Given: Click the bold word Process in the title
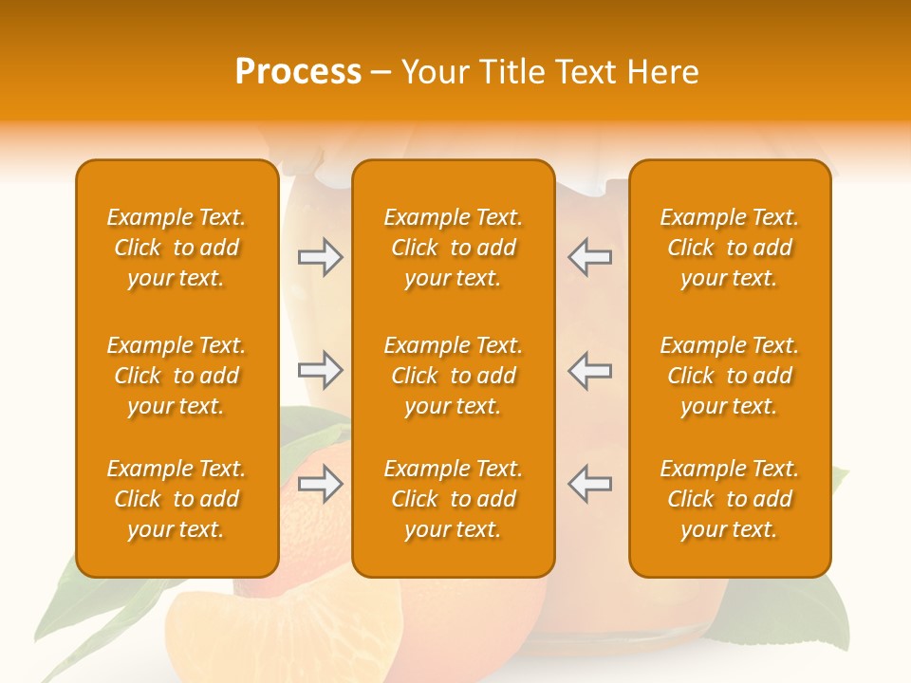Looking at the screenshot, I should click(x=298, y=72).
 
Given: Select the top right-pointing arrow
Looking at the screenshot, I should click(x=320, y=257).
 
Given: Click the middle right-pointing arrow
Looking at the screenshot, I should click(x=320, y=370).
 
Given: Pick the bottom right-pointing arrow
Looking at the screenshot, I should click(x=320, y=484).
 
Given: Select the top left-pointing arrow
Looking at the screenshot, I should click(x=589, y=257).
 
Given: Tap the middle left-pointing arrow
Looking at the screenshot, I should click(x=589, y=370).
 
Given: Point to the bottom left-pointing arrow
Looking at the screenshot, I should click(x=589, y=484).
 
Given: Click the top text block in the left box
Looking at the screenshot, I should click(x=177, y=248).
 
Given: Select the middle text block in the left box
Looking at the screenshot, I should click(x=177, y=376).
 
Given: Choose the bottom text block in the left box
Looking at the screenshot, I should click(x=177, y=499).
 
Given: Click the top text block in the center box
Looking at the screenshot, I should click(x=453, y=248).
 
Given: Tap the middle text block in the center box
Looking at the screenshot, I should click(x=453, y=376).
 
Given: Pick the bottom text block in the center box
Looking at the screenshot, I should click(x=453, y=499).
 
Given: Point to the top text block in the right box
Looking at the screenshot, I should click(x=729, y=248).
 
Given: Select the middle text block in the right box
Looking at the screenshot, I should click(x=729, y=376).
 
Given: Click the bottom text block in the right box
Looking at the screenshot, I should click(x=729, y=499).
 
